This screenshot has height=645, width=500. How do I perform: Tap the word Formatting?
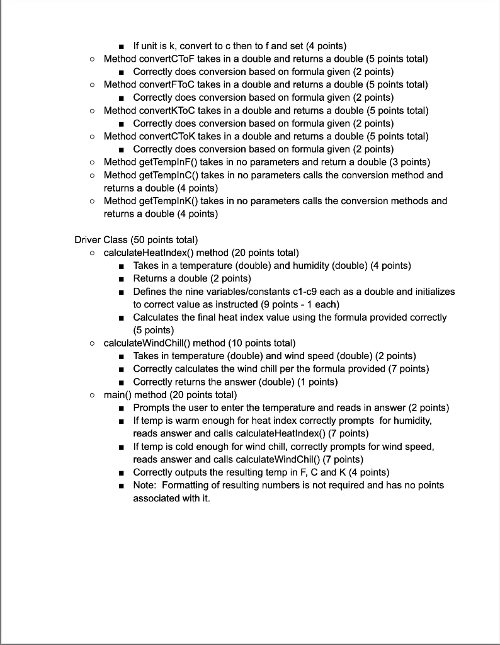point(186,485)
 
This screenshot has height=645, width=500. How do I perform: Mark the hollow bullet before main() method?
point(92,395)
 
